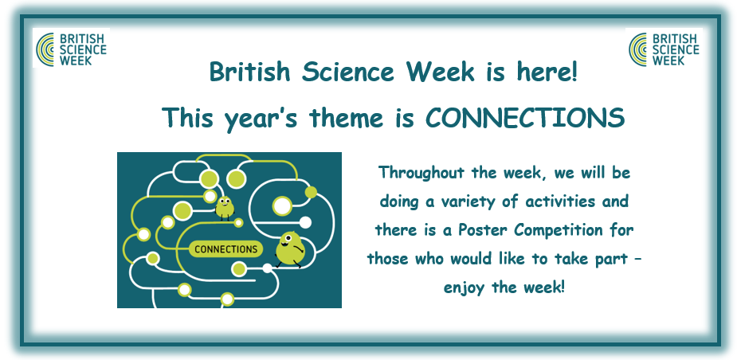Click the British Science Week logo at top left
click(x=72, y=48)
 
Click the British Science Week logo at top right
click(x=664, y=48)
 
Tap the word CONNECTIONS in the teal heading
click(x=525, y=118)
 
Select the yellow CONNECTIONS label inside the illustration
click(x=225, y=248)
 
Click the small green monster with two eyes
click(x=225, y=208)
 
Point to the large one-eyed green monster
click(x=290, y=249)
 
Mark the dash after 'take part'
click(x=637, y=260)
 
